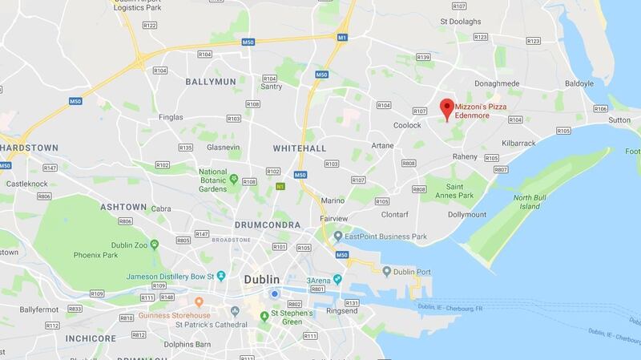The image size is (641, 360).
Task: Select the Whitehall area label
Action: click(x=299, y=149)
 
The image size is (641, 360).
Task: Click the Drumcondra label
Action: click(x=268, y=225)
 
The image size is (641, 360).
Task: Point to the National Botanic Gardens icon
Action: click(x=234, y=178)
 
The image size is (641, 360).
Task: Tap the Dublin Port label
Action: click(x=413, y=273)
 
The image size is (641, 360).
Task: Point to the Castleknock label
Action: click(x=25, y=184)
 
